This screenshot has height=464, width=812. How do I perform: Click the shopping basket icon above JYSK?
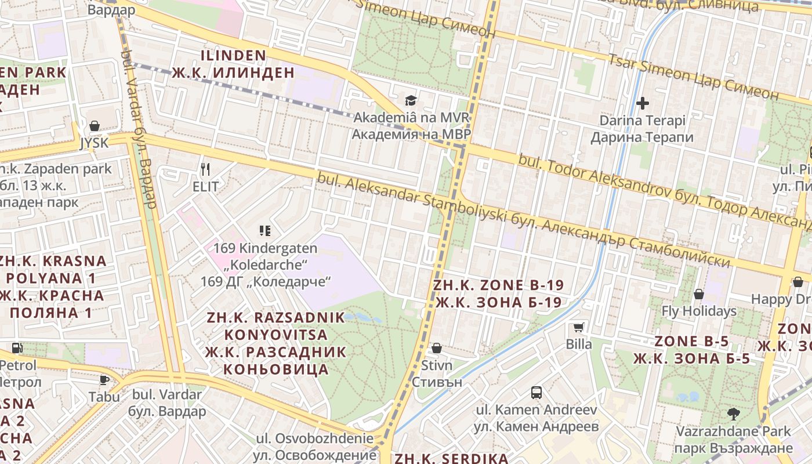95,126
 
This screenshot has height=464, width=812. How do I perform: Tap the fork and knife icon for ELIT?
205,169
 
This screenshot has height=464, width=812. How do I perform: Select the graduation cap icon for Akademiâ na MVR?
411,101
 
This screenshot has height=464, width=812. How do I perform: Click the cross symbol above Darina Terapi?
642,104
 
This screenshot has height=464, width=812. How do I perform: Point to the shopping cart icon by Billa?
578,328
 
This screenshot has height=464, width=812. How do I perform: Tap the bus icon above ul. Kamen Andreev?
536,393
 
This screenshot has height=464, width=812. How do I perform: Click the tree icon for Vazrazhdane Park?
734,414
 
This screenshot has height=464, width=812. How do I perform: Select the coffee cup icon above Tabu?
104,380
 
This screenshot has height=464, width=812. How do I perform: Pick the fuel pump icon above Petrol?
17,349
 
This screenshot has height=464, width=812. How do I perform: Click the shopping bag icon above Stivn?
436,348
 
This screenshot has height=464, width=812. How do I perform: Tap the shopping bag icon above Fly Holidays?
699,294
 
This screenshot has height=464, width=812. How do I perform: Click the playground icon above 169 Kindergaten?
265,231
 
